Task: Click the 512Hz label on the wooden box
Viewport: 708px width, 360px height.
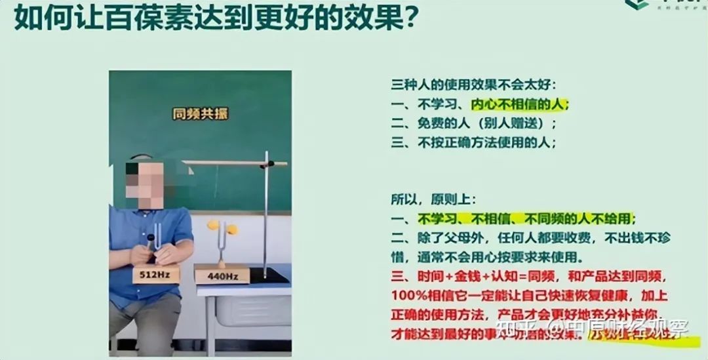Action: coord(155,274)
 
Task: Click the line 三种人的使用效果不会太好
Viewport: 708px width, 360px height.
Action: coord(473,85)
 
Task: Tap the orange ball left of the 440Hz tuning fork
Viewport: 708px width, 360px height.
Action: coord(213,225)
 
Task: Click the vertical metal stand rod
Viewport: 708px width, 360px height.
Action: coord(266,216)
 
